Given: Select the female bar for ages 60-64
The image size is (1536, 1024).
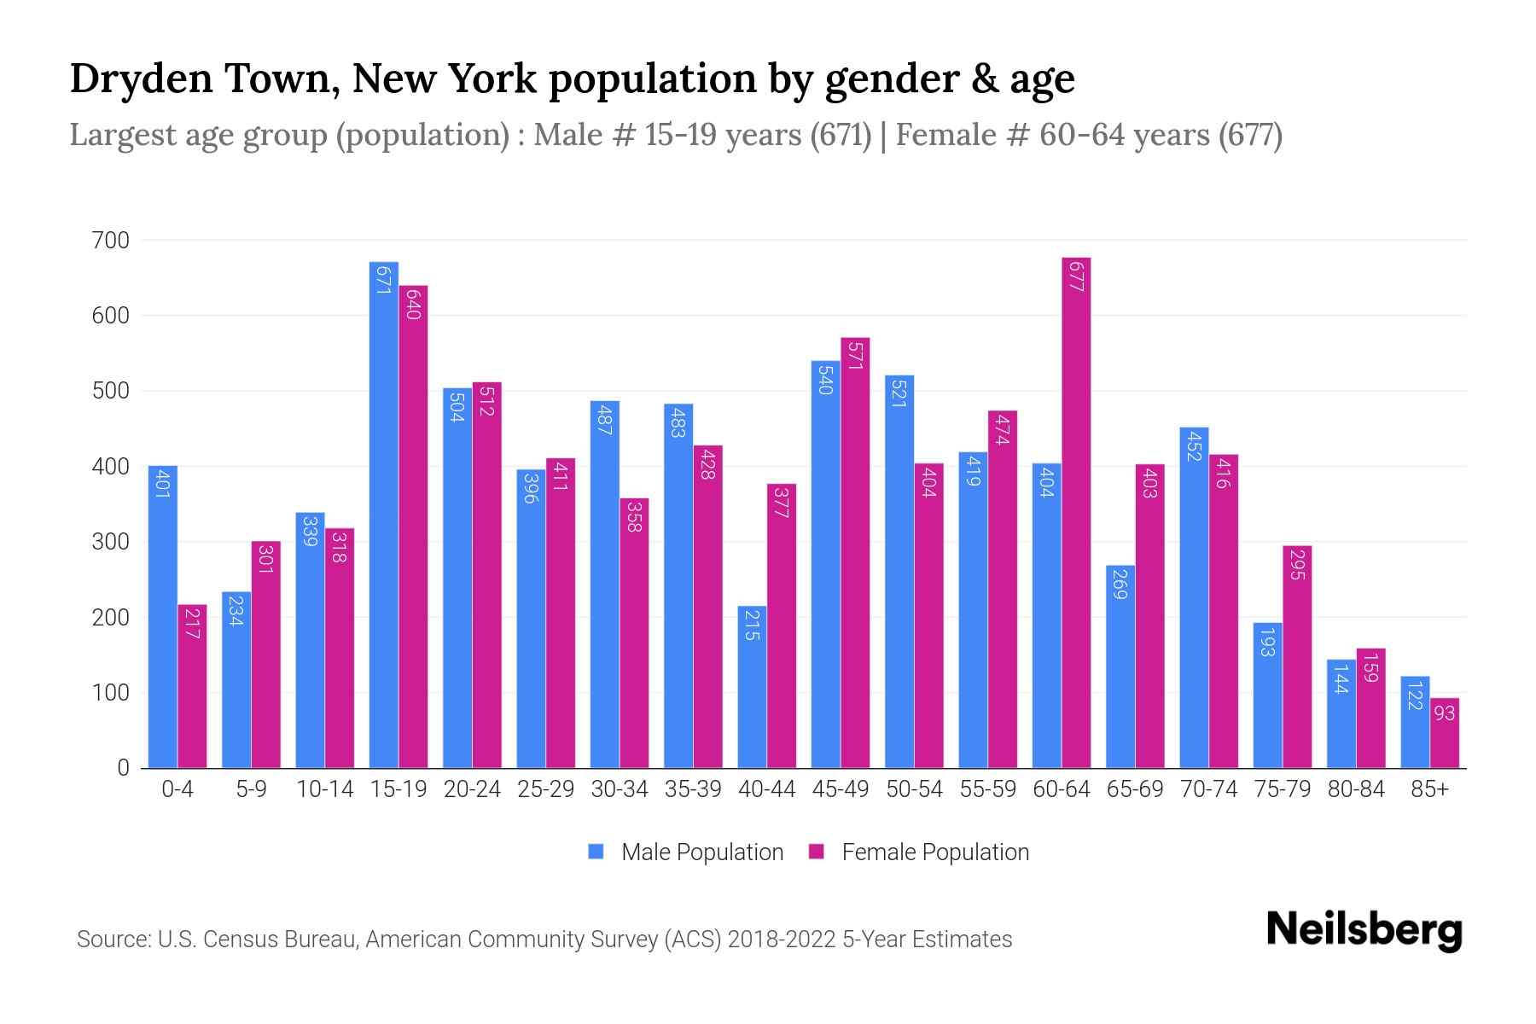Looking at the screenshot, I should (1076, 512).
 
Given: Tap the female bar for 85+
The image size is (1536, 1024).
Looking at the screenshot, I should (1444, 733).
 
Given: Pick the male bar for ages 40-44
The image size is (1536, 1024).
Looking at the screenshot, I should (752, 687).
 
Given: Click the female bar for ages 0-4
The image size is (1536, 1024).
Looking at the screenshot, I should (192, 686).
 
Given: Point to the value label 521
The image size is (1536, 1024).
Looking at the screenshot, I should (899, 392).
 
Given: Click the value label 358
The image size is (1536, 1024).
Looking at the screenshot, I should (634, 516).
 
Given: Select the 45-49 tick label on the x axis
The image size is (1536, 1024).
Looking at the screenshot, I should (841, 789).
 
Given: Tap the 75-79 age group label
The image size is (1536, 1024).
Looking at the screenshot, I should (1282, 789).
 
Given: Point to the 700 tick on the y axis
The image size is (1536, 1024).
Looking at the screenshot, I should (111, 241).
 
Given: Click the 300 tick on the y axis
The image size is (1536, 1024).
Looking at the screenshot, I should (111, 542).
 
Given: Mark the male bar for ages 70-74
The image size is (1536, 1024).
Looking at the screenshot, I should (1194, 597).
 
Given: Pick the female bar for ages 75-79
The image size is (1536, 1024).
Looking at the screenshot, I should (1296, 657).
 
